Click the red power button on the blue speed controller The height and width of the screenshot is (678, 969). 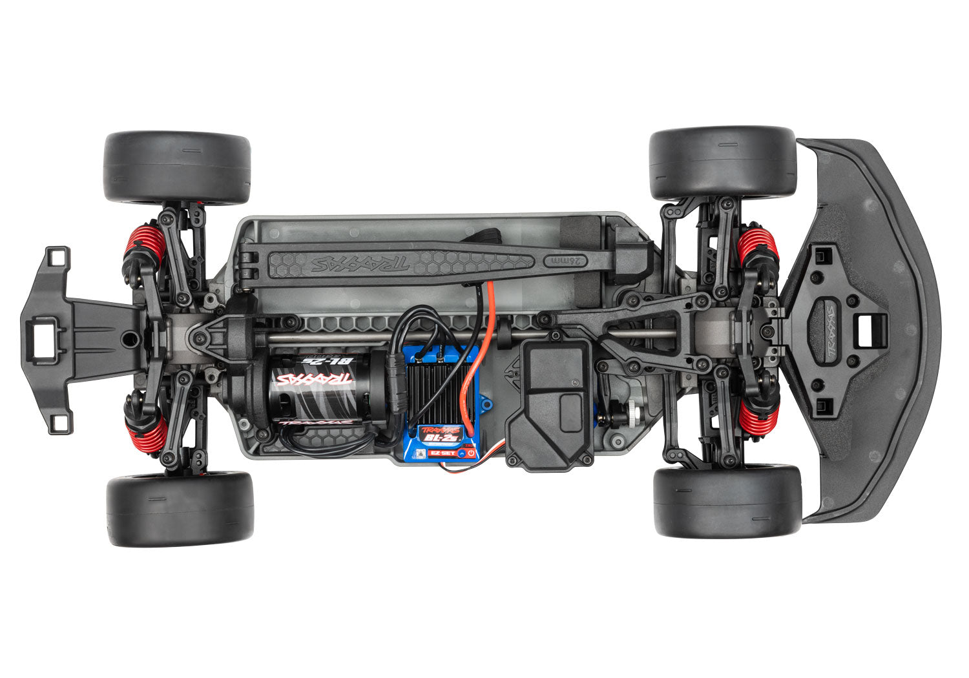click(x=472, y=453)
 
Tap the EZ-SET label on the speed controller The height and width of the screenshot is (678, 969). click(x=449, y=453)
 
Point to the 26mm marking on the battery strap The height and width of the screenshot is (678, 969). click(x=562, y=262)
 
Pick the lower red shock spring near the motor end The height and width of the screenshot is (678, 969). click(x=147, y=431)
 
